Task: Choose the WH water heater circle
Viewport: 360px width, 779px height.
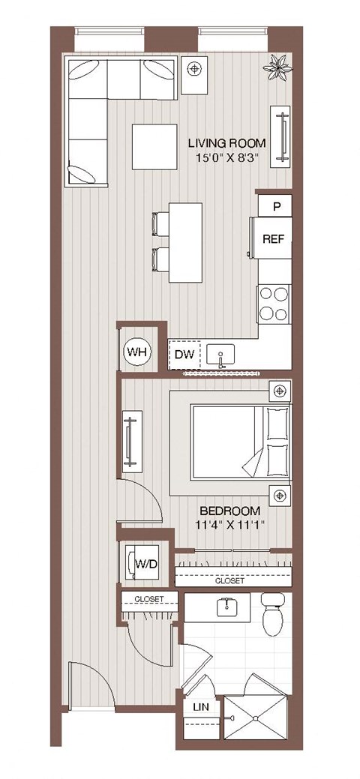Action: [x=138, y=351]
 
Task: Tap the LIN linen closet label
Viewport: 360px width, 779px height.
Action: [x=201, y=707]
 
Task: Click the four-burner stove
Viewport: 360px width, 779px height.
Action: [x=273, y=304]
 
